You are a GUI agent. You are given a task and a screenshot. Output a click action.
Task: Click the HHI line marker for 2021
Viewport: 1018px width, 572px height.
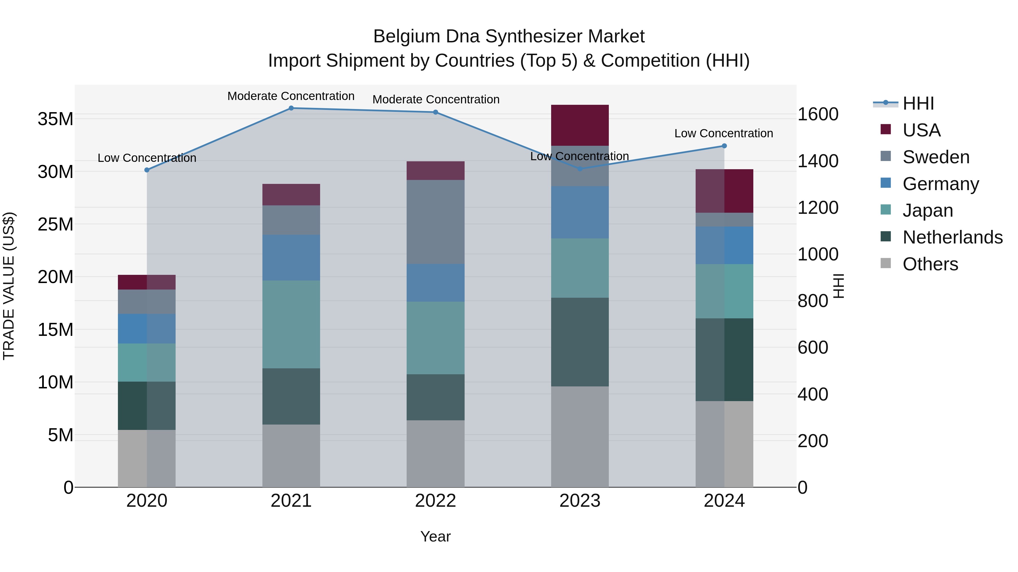point(291,108)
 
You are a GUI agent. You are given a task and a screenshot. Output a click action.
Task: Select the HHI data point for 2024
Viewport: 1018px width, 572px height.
point(724,146)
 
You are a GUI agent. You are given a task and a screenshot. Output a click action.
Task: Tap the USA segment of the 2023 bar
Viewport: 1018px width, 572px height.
point(580,125)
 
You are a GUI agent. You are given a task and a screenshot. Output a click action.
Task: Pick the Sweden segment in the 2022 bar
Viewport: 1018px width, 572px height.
point(435,222)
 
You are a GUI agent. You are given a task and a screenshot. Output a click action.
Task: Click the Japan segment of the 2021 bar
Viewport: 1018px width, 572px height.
point(291,325)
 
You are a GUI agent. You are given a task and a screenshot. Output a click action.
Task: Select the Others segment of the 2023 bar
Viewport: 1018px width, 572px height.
point(580,437)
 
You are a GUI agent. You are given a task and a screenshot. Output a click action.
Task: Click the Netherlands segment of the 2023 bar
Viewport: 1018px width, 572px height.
point(580,342)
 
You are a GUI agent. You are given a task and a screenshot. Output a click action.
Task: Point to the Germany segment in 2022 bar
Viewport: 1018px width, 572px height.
point(435,283)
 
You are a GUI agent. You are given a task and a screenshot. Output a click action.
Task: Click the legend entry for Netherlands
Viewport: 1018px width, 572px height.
point(952,237)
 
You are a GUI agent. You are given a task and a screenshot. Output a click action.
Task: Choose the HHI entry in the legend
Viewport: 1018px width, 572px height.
point(918,103)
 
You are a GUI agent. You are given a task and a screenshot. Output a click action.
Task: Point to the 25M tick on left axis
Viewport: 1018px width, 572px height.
point(55,224)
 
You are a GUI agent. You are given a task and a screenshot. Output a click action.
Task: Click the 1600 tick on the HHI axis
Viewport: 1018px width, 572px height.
point(818,114)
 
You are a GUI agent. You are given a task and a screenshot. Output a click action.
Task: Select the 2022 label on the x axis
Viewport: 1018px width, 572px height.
point(435,501)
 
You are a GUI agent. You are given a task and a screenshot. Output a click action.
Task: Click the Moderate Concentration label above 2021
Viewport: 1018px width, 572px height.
point(291,96)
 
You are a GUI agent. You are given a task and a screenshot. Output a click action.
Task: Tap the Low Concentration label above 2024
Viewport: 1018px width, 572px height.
point(724,133)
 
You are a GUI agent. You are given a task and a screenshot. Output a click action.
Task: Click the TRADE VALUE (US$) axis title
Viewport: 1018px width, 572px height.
point(9,286)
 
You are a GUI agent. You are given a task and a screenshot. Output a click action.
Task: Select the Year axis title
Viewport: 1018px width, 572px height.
point(435,536)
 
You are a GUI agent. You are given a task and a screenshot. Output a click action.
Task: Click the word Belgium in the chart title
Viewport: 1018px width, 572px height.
point(407,36)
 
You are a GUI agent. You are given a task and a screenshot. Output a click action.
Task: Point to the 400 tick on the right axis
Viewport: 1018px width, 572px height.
point(812,394)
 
